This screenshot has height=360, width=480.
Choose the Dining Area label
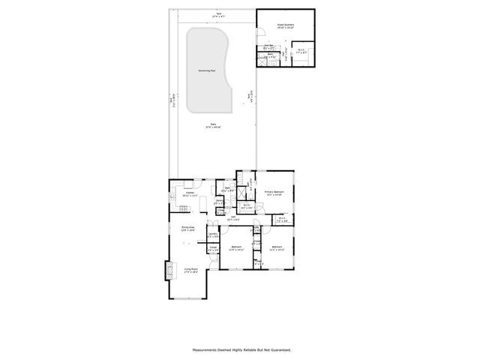click(x=187, y=228)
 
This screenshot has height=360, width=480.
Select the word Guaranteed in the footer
click(x=278, y=349)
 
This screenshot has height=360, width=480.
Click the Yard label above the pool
click(x=219, y=14)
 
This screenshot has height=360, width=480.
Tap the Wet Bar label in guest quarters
click(x=270, y=46)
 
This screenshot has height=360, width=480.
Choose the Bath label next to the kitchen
click(x=226, y=189)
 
